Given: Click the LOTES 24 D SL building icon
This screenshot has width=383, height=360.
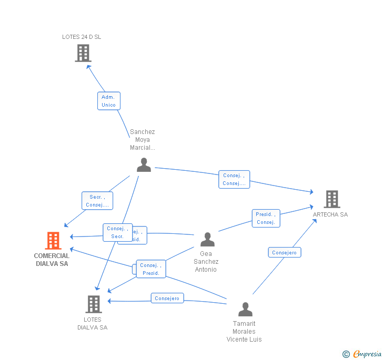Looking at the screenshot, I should point(83,53).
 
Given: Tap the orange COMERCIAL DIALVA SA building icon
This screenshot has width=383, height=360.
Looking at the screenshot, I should point(53,241).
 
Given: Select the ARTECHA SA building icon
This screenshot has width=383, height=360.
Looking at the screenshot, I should point(331,199).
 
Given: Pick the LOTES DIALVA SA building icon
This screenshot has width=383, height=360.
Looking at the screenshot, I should point(93,304).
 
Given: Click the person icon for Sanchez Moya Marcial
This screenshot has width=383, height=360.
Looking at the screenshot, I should point(144,165).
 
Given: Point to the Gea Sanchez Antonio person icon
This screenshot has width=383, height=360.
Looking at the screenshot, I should point(207,240).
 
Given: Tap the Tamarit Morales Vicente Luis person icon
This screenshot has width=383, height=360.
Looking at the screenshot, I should point(245,310).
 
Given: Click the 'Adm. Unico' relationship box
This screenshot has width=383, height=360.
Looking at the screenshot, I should point(109,101).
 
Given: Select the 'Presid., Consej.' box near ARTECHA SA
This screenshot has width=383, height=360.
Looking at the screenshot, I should point(266,218).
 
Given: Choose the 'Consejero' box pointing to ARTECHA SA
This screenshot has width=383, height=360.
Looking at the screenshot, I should point(284,252).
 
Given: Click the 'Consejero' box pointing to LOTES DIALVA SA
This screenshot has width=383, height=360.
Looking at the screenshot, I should point(167,298).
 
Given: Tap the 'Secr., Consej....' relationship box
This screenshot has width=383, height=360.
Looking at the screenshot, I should point(97,201).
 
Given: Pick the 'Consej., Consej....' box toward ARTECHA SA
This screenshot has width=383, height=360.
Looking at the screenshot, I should point(234,179).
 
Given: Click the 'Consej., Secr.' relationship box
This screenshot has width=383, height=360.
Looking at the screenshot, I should point(117,232).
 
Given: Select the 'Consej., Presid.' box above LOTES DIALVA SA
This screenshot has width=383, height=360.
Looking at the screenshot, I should point(151,269).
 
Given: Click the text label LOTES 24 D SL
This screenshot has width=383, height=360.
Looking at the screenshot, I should point(82,37).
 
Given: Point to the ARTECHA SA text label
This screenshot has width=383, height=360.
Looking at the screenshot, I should point(330,214).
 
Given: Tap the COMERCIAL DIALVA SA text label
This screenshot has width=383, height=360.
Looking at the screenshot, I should point(52,260).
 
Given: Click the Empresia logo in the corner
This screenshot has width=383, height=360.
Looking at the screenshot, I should point(362,354).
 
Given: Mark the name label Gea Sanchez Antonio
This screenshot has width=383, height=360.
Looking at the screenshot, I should point(206,262).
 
